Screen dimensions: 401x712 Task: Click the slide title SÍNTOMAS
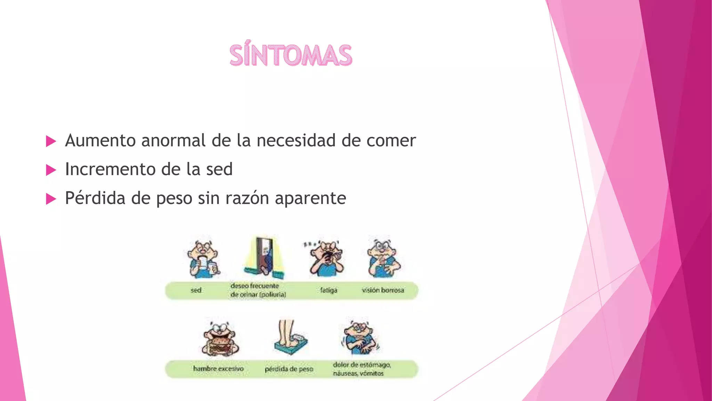pos(291,56)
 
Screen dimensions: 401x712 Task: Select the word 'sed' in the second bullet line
pos(219,170)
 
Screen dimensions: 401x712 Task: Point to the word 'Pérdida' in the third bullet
pos(95,198)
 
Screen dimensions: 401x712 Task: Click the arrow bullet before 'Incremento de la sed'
pos(51,170)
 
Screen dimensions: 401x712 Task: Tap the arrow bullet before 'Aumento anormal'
pos(51,141)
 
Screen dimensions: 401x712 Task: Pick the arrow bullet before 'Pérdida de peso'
pos(51,199)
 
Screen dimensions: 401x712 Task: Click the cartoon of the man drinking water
pos(203,259)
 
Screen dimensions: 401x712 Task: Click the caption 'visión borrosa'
pos(383,290)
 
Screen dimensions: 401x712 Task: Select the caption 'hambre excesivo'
pos(218,369)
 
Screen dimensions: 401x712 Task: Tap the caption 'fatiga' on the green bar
pos(329,290)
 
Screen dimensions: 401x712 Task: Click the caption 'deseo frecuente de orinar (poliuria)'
pos(258,290)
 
